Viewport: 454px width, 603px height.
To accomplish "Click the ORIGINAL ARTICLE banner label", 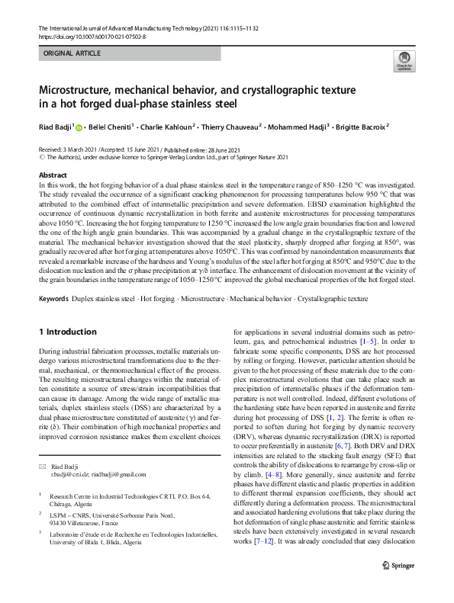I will point(71,55).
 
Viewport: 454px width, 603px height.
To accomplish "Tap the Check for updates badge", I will point(404,62).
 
